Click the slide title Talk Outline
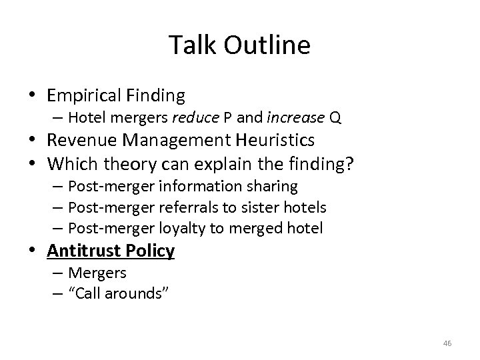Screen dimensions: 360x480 point(239,45)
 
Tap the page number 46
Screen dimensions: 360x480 point(447,343)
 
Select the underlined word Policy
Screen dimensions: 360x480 point(150,251)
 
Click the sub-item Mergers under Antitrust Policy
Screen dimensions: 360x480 point(97,273)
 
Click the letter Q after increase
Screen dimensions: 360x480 point(335,119)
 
